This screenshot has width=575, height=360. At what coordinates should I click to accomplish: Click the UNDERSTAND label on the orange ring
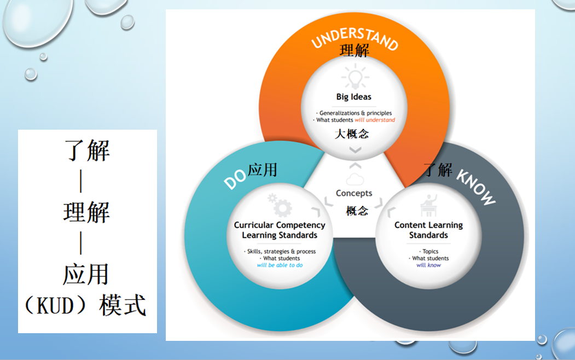(355, 37)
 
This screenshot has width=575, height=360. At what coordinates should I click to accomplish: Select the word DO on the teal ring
(235, 179)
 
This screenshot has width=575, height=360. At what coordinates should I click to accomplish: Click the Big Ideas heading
(354, 97)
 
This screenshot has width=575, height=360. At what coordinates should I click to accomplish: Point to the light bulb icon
(355, 77)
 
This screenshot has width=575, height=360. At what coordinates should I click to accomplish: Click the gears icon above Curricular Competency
(280, 205)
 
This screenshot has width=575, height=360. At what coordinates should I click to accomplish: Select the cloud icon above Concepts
(355, 179)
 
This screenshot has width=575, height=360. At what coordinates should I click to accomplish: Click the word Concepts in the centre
(354, 193)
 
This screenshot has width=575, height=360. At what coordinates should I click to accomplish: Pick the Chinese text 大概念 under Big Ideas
(352, 134)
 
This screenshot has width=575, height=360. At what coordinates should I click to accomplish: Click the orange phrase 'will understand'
(375, 120)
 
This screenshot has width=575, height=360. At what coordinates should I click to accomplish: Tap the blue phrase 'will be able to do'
(280, 265)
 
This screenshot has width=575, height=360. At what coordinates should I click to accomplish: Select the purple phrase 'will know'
(429, 265)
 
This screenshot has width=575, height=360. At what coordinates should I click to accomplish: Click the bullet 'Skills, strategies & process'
(280, 252)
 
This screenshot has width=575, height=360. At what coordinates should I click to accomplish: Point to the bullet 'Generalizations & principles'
(354, 113)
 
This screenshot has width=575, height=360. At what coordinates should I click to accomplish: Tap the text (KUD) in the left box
(55, 305)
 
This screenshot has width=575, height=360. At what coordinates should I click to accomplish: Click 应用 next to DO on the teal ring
(262, 170)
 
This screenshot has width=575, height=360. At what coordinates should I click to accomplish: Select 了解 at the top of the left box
(88, 150)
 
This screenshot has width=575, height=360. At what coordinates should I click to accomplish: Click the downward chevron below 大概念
(355, 149)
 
